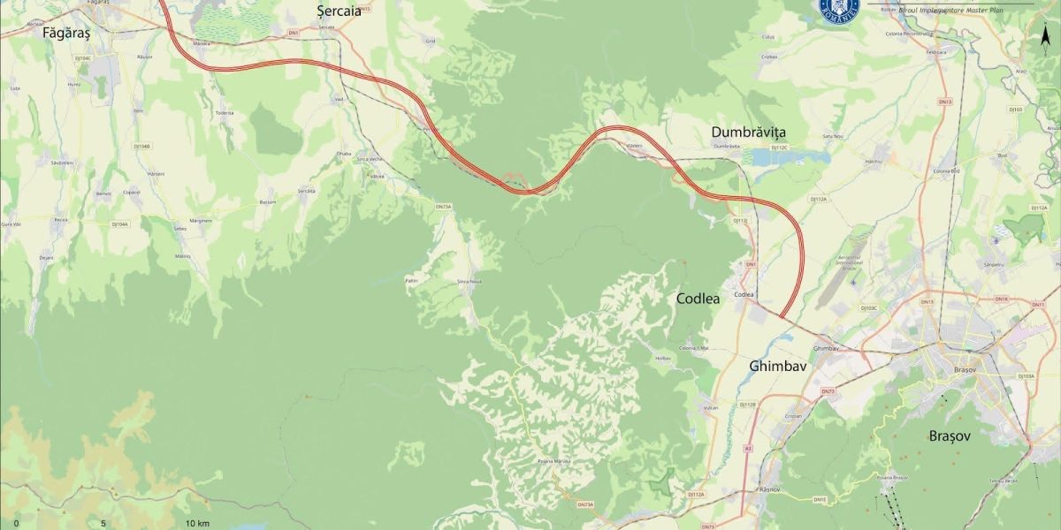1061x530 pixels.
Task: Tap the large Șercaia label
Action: pyautogui.click(x=339, y=11)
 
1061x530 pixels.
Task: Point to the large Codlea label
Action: pyautogui.click(x=698, y=299)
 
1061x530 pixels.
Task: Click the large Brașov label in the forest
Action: pyautogui.click(x=950, y=436)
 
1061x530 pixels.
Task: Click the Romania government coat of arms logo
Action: pyautogui.click(x=839, y=10)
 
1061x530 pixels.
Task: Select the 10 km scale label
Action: pyautogui.click(x=197, y=524)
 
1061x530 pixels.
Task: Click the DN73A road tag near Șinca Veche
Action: pyautogui.click(x=443, y=207)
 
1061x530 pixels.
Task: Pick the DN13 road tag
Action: pyautogui.click(x=945, y=102)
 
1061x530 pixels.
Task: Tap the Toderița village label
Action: pyautogui.click(x=225, y=113)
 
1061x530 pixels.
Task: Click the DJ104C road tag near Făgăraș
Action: pyautogui.click(x=83, y=58)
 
